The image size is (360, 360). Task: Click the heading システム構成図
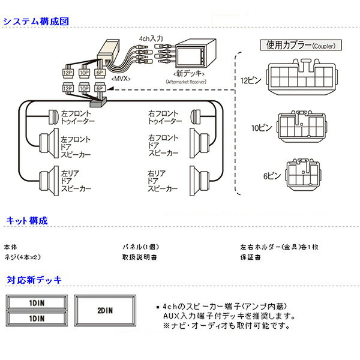[37, 21]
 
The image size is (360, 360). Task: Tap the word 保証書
[250, 257]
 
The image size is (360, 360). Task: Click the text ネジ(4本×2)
[22, 257]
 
